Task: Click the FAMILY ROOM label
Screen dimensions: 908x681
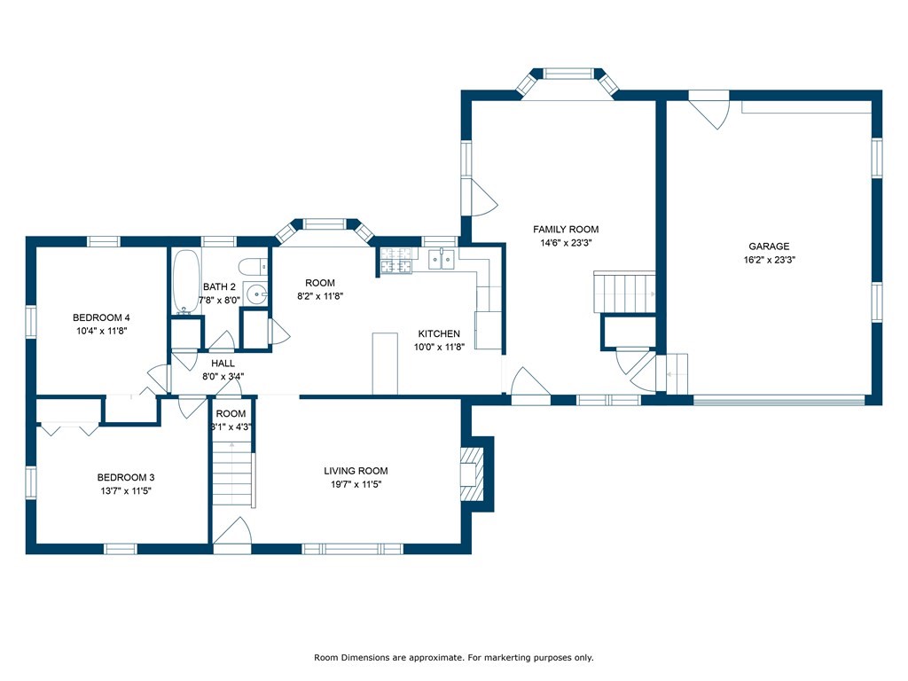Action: pos(566,230)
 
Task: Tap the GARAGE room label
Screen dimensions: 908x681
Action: pos(769,247)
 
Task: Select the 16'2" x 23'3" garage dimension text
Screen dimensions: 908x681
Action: pos(769,260)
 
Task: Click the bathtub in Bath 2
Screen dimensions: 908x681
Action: pos(186,282)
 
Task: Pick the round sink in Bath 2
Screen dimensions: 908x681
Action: pos(255,294)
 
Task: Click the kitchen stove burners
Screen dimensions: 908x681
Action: pos(396,260)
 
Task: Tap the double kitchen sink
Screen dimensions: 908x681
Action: pos(442,260)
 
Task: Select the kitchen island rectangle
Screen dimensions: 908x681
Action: pos(385,364)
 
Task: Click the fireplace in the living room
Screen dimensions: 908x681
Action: pos(472,474)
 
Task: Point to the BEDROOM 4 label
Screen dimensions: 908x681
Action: pos(101,317)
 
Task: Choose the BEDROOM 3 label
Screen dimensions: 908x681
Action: pos(126,477)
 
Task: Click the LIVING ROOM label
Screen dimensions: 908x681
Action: pos(356,471)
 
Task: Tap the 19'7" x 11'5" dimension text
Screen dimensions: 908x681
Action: pos(356,485)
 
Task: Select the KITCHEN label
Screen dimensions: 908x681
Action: pos(439,333)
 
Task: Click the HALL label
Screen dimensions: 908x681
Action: pos(223,363)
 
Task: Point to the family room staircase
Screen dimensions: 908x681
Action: pos(624,293)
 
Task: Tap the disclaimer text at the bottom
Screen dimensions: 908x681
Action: pos(453,657)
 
